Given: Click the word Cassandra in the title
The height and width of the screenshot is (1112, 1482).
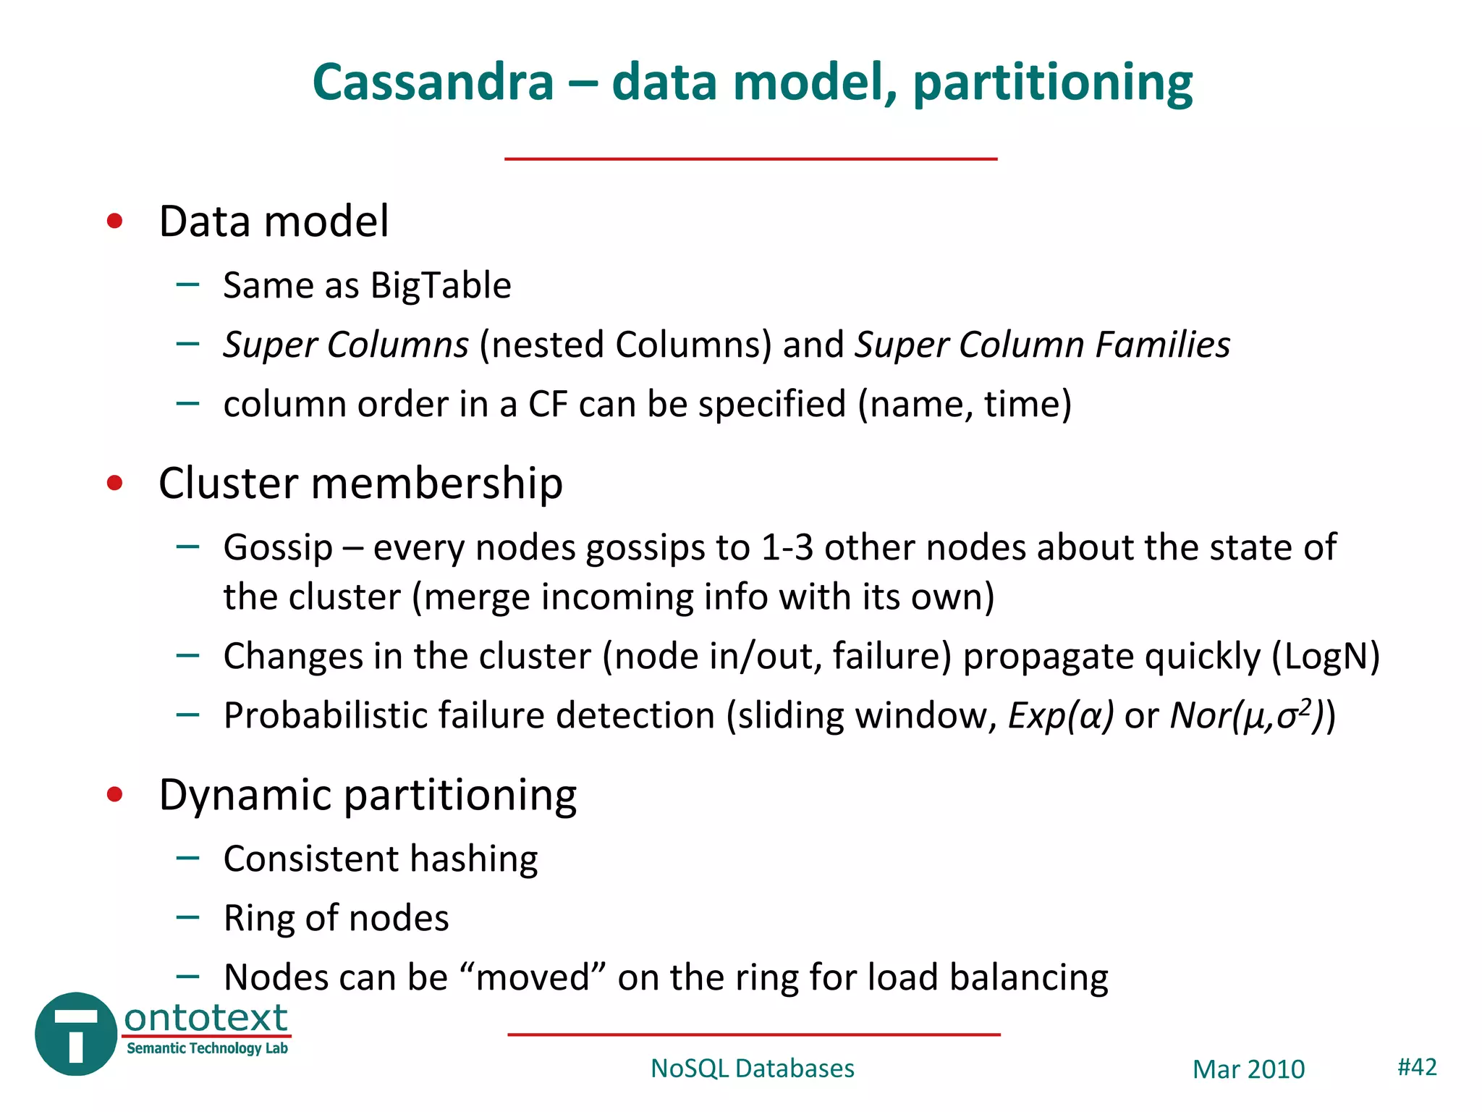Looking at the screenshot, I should pos(433,83).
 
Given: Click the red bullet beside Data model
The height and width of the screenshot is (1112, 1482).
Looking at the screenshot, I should pos(114,221).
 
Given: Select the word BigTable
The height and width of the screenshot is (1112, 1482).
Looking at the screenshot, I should pos(441,285).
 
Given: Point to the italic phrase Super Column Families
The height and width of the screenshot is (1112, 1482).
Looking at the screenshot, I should pos(1042,345).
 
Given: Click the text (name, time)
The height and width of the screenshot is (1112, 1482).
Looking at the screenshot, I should pos(965,404).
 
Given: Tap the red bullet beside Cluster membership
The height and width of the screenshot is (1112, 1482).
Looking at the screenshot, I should pos(114,483).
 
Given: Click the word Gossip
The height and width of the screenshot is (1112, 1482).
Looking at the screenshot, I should pos(277,548).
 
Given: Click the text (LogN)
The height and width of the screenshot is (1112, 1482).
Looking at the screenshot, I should pos(1326,657).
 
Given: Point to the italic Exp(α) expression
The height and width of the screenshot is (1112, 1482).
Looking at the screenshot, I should pos(1061,716).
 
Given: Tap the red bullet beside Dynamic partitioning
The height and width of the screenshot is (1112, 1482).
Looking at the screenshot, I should pos(114,795).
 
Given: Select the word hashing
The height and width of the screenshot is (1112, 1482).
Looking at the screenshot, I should pos(474,859).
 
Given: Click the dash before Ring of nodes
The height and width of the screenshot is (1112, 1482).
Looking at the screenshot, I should pos(187,917).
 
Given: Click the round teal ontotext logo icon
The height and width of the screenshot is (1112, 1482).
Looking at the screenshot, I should pos(75,1034).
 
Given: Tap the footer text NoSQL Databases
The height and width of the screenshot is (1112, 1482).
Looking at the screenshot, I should pos(752,1069).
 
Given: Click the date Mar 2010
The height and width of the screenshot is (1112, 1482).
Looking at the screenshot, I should pos(1248,1069).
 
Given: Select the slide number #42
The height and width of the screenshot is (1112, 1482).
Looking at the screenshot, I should pos(1416,1067).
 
